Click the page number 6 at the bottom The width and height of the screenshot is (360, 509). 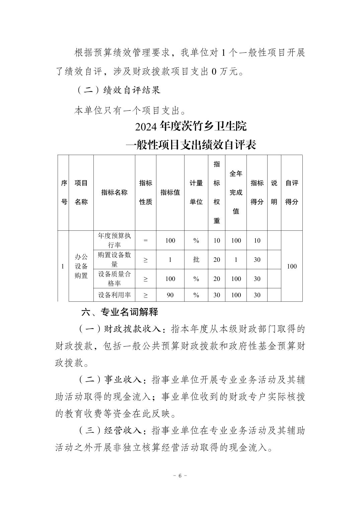pos(180,476)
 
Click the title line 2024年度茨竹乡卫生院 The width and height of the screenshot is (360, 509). pos(191,126)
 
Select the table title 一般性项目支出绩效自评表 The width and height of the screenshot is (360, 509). pos(191,145)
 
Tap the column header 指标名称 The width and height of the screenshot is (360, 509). pos(114,193)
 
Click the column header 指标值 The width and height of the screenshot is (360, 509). pos(170,193)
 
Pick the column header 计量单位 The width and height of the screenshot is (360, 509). pos(196,193)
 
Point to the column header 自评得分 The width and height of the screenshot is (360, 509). pos(292,193)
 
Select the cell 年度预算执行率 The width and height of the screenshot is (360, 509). pos(114,240)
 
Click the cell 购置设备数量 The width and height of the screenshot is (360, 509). pos(114,260)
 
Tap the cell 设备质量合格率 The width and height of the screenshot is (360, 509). pos(114,279)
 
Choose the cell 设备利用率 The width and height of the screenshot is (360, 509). pos(114,295)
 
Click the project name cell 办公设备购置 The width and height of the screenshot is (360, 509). pos(81,266)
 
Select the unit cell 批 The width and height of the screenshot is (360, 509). pos(196,260)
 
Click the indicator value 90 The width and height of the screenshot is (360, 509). pos(170,295)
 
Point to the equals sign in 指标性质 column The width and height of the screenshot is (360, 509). pos(145,240)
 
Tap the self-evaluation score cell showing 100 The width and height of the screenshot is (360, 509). pos(292,266)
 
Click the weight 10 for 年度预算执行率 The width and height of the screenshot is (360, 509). pos(217,240)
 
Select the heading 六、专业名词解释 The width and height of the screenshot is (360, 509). pos(120,312)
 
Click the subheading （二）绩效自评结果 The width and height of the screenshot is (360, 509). pos(119,90)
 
